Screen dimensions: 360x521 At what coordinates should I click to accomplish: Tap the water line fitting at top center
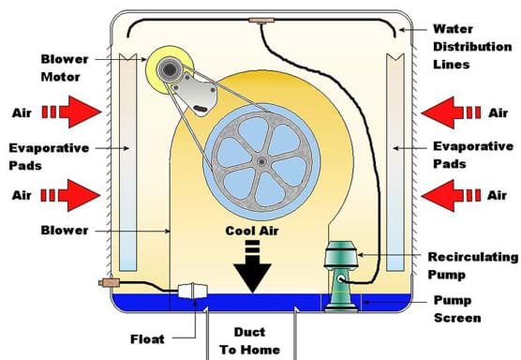(x=256, y=19)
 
